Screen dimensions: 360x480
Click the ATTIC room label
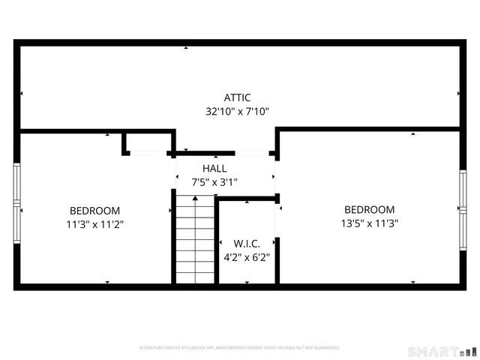coord(237,97)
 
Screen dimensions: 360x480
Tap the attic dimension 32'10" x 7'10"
coord(237,111)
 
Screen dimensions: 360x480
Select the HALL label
coord(214,169)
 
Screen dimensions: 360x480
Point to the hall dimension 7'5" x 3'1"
coord(214,181)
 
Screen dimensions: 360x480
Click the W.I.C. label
coord(246,243)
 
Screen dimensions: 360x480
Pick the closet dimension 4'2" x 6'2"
coord(246,256)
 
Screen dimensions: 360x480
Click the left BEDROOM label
coord(94,211)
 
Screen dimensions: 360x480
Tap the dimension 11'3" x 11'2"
coord(94,223)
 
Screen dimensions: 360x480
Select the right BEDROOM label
coord(369,209)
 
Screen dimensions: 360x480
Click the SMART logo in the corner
coord(441,351)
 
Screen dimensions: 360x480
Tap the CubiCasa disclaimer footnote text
coord(240,348)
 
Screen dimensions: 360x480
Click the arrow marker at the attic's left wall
coord(22,94)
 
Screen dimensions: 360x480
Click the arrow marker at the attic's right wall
coord(458,94)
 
